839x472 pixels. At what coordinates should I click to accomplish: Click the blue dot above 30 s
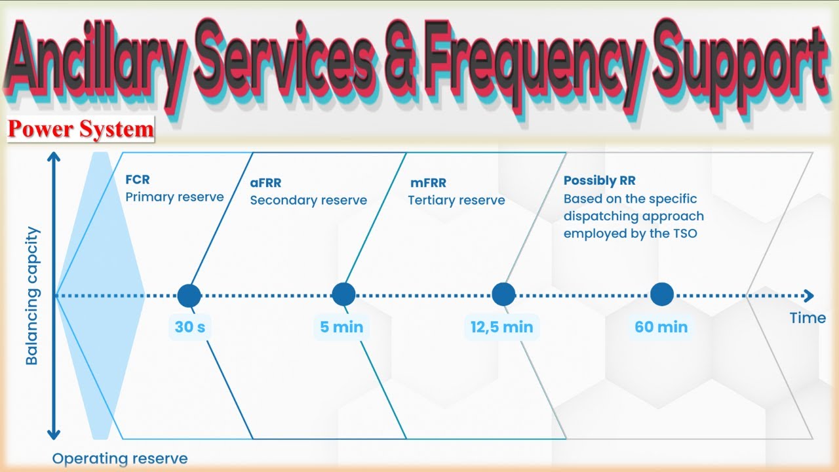click(x=189, y=295)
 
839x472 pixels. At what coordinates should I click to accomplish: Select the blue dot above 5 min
click(x=343, y=295)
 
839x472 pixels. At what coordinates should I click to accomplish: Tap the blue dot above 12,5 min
click(x=503, y=295)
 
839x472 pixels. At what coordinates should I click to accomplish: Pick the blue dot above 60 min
click(x=661, y=295)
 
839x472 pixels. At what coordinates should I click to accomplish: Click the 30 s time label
click(x=189, y=326)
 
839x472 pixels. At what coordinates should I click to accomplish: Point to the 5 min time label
click(x=341, y=326)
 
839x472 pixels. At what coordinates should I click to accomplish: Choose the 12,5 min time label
click(x=502, y=326)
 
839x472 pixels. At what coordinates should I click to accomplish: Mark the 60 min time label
click(x=661, y=326)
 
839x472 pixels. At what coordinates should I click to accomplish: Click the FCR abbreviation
click(x=138, y=180)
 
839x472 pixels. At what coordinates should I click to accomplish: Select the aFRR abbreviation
click(x=265, y=184)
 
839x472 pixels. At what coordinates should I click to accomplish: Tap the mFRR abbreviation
click(x=425, y=184)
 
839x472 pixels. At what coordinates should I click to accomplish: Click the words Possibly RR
click(x=599, y=181)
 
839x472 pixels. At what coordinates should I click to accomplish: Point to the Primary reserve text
click(x=174, y=197)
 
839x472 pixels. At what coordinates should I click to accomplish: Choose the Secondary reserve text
click(x=308, y=201)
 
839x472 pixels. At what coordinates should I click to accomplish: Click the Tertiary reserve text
click(x=456, y=201)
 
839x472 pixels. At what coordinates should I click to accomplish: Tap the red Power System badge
click(x=81, y=129)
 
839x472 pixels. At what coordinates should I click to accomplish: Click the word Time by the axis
click(x=808, y=318)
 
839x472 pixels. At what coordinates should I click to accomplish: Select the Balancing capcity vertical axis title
click(x=32, y=296)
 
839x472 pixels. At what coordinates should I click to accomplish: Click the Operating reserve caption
click(x=120, y=459)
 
